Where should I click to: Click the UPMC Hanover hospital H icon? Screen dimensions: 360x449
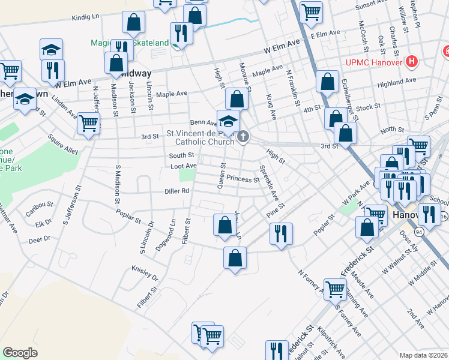[412, 61]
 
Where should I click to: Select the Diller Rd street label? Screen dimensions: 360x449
[177, 191]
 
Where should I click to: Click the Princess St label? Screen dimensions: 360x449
[242, 179]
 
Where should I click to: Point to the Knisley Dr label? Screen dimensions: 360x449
[145, 274]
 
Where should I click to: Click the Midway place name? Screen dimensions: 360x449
[136, 73]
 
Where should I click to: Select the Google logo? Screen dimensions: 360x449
[20, 352]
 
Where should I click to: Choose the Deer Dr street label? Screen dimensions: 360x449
[40, 239]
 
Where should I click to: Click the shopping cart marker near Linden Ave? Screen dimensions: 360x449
[88, 124]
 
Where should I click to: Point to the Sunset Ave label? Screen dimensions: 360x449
[373, 6]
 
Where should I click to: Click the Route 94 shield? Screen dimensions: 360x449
[418, 230]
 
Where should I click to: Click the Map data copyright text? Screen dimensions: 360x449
[423, 355]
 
